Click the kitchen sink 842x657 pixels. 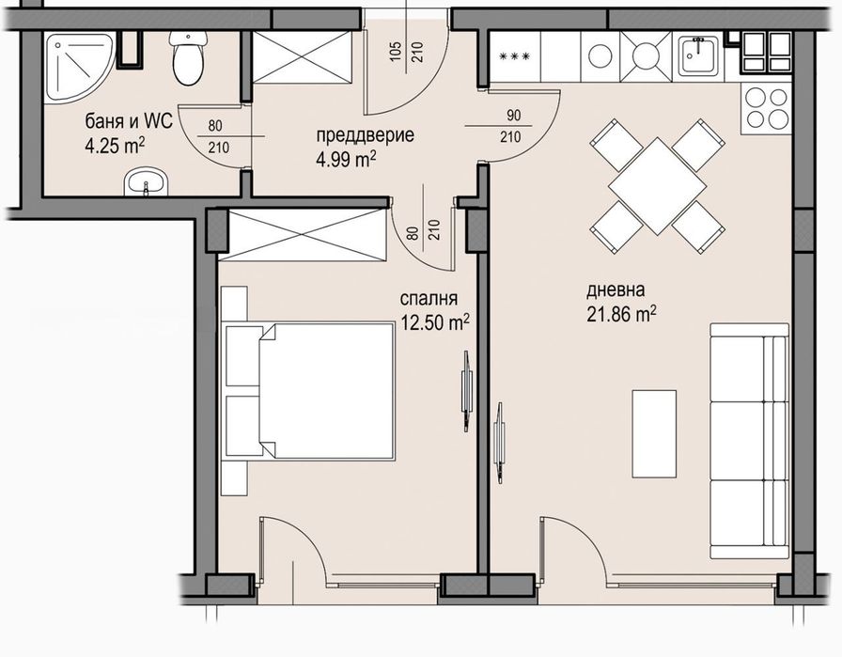coord(698,55)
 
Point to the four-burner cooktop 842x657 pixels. coord(766,108)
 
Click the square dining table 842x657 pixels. coord(658,186)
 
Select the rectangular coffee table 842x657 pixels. coord(654,433)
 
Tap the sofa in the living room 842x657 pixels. coord(750,441)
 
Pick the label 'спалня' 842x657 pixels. coord(429,299)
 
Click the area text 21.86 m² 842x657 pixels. coord(621,314)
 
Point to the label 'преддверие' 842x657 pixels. coord(366,134)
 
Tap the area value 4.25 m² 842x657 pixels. coord(115,146)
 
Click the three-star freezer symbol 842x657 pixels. coord(514,55)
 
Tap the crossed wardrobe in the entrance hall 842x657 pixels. coord(302,57)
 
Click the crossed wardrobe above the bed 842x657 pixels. coord(303,235)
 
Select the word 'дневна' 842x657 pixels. coord(616,290)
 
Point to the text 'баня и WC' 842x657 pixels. coord(129,121)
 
